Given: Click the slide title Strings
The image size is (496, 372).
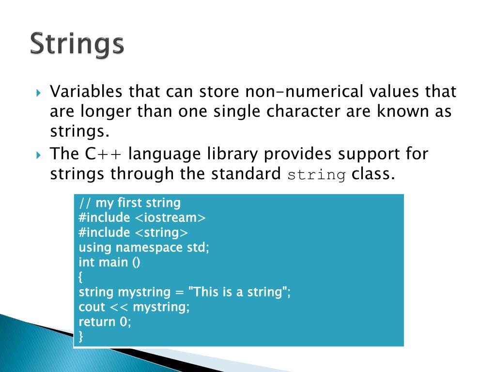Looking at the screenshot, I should tap(77, 44).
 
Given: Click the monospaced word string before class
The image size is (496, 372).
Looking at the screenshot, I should tap(317, 174).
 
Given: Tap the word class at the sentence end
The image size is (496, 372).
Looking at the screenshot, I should tap(371, 174).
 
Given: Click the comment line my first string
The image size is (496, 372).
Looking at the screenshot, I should tap(129, 202).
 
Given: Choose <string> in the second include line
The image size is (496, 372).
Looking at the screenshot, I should tap(161, 232).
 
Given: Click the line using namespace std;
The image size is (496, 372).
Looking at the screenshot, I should tap(144, 248).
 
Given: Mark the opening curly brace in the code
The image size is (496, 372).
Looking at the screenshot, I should tap(81, 278).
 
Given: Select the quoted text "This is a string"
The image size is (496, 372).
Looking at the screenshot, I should tap(237, 293).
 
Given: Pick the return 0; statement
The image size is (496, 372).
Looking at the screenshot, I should tap(105, 322).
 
